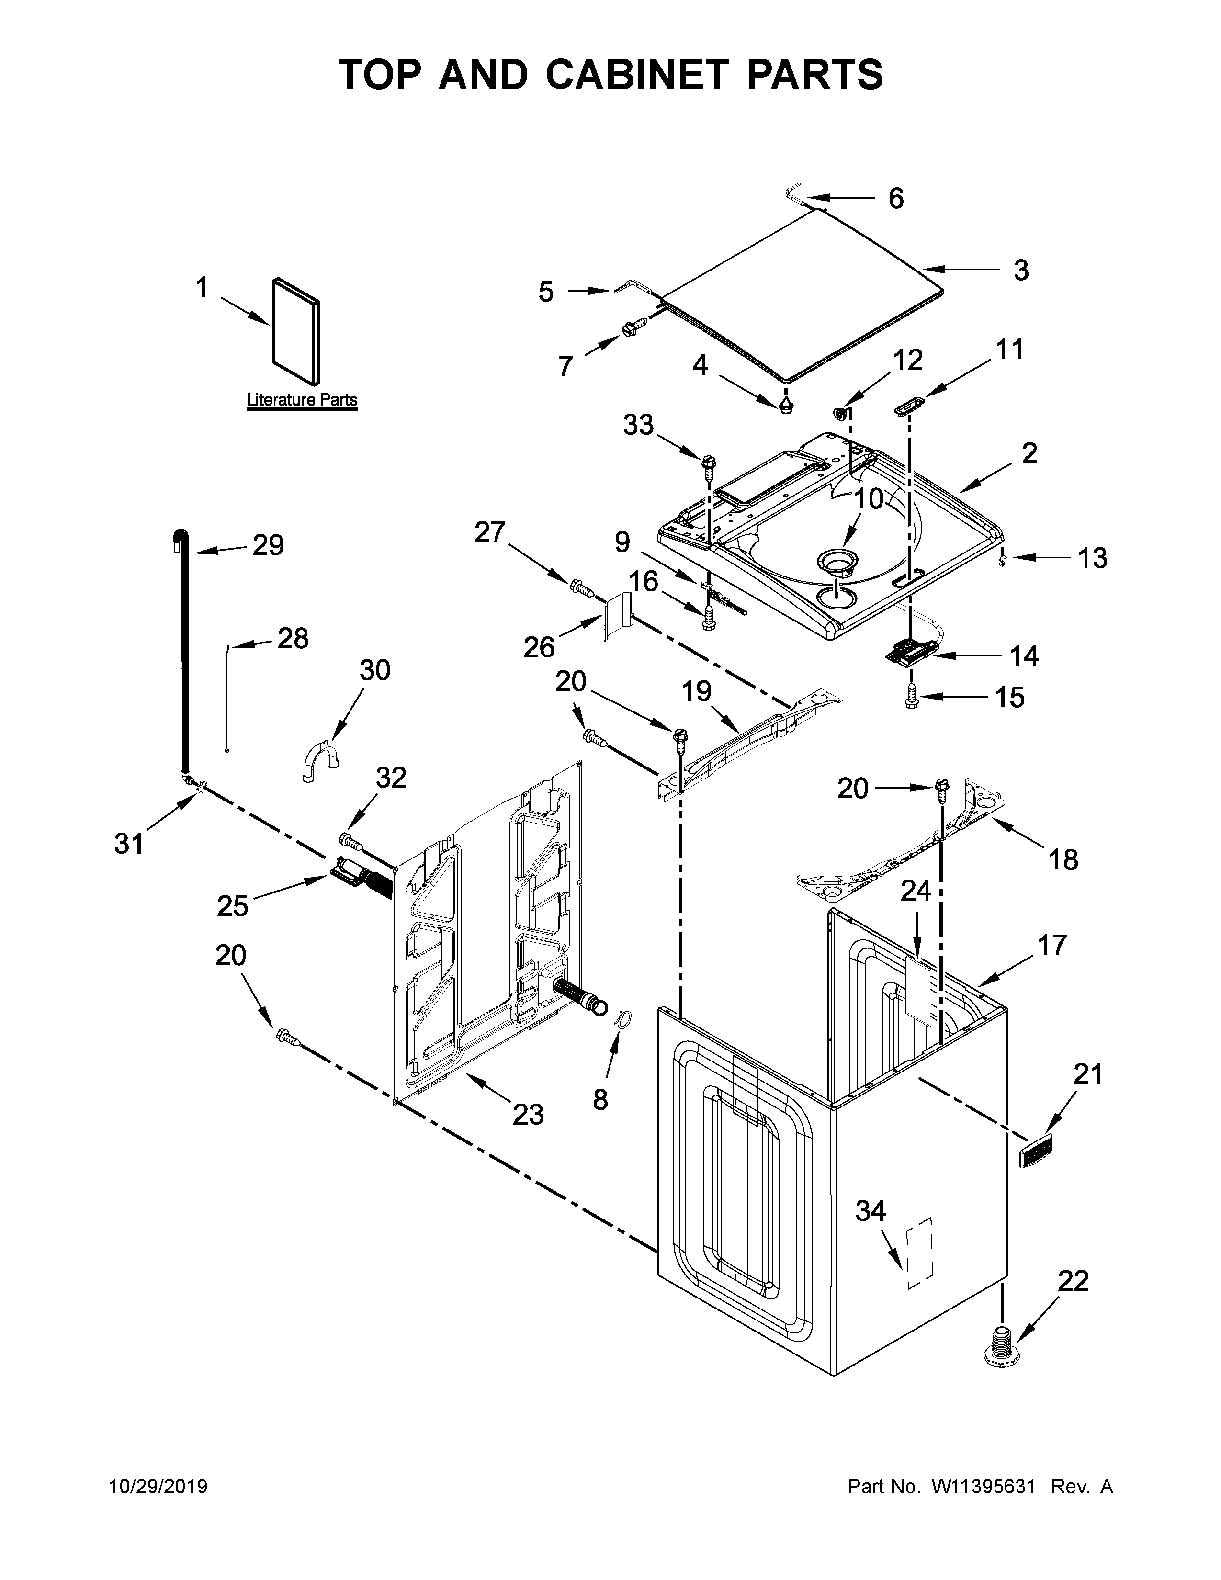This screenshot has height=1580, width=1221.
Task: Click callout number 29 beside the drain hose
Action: pos(268,545)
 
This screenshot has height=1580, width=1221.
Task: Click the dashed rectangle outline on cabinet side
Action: pos(920,1253)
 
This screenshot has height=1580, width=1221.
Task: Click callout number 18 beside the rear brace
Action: pos(1063,859)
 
